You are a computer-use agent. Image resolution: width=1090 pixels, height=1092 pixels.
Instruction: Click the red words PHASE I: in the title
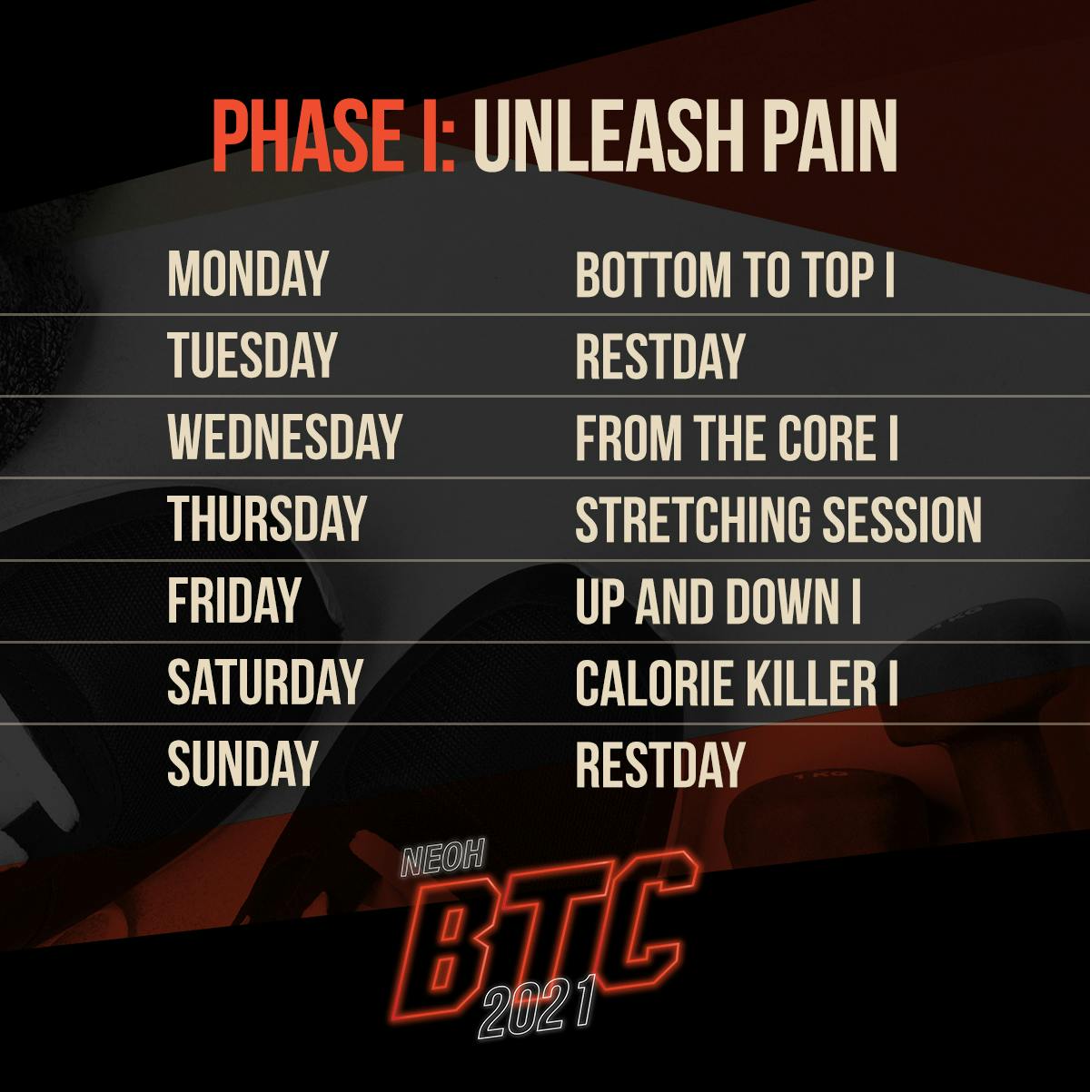point(334,136)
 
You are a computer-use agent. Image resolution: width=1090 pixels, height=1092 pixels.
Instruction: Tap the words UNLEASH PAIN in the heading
point(686,136)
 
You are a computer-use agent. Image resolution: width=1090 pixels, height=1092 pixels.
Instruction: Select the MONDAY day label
point(248,274)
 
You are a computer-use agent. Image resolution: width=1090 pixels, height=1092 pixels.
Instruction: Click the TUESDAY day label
point(252,355)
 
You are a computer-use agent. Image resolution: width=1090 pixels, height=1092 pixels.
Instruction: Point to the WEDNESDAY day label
point(284,437)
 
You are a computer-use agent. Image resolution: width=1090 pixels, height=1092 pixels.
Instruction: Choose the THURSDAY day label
point(266,518)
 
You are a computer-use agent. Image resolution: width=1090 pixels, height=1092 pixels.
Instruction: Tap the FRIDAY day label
point(233,600)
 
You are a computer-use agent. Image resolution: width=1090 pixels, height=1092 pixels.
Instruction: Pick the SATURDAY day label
point(264,682)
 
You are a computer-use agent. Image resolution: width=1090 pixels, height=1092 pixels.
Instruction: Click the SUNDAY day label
point(241,762)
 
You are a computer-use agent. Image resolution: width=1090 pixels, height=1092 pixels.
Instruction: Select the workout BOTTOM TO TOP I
point(735,274)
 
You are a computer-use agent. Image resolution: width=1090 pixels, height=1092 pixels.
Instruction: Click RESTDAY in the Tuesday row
point(659,355)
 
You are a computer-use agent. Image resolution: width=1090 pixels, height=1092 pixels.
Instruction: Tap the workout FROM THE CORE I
point(737,437)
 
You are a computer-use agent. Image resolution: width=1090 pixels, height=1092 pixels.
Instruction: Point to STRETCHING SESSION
point(778,518)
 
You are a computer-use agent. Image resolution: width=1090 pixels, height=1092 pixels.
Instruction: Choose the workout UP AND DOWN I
point(718,600)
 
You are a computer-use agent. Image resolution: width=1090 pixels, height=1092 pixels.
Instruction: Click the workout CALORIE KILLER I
point(737,682)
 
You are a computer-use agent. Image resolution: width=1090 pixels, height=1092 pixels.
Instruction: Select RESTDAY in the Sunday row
point(659,762)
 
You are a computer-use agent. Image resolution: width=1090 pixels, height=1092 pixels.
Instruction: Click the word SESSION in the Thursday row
point(902,518)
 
